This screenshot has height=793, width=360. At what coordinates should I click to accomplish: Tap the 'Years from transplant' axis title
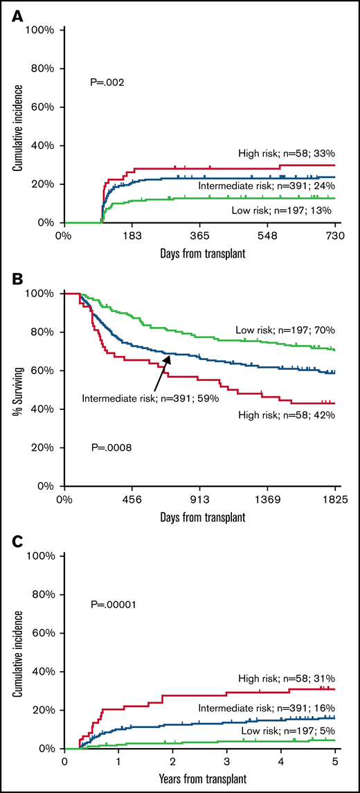(200, 781)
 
